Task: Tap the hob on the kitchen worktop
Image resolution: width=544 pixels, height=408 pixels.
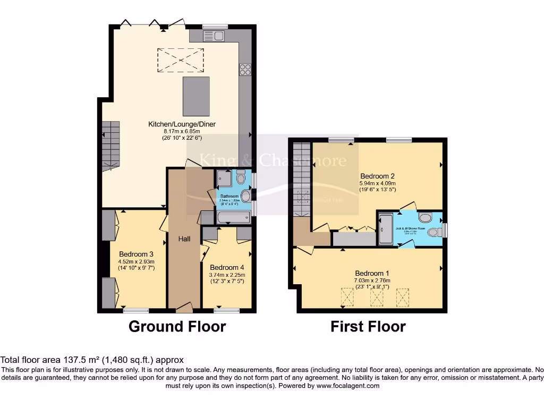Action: pos(245,69)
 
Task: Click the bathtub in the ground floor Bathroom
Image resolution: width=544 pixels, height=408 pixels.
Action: pos(233,216)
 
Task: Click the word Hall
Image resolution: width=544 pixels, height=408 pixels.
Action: pos(184,240)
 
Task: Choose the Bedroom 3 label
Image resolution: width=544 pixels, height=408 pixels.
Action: pos(136,253)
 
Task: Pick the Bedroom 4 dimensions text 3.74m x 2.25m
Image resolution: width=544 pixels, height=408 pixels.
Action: pos(227,275)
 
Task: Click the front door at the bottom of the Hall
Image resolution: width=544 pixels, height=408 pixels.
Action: pos(184,306)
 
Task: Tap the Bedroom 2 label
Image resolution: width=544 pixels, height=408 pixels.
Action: pos(377,176)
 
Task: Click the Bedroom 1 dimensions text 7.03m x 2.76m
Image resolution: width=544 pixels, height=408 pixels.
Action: pos(372,280)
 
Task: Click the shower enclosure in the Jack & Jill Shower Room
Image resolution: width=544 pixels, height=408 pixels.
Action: pos(385,228)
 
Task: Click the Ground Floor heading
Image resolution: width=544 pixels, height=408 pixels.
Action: pos(177,326)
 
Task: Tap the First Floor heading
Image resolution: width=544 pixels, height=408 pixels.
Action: pos(368,326)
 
